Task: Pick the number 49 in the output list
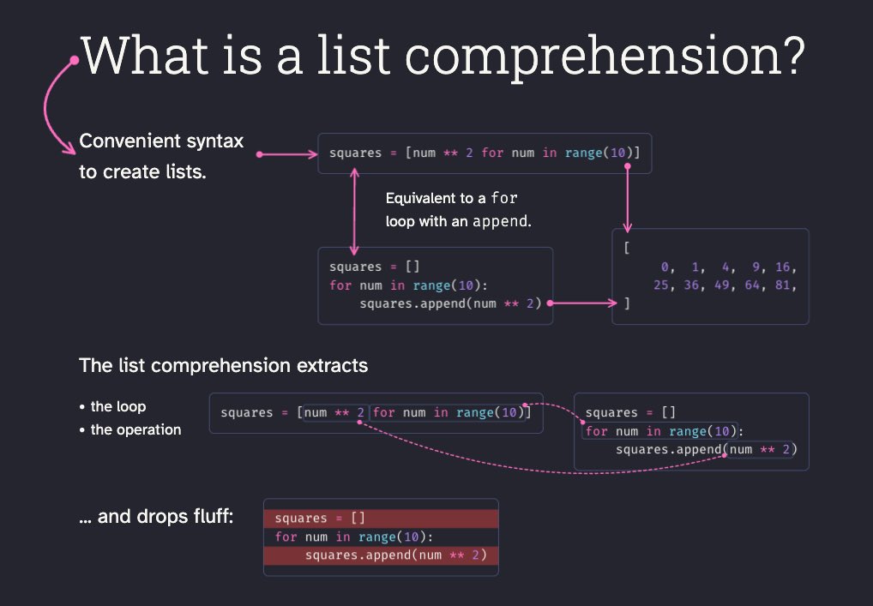[x=723, y=285]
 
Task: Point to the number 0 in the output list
[x=665, y=267]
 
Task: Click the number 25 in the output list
[x=660, y=285]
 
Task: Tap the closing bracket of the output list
[x=628, y=303]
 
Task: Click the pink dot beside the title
[x=75, y=60]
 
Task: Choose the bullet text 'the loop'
[x=118, y=406]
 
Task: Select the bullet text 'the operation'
[x=135, y=429]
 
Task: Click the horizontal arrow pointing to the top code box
[x=287, y=155]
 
